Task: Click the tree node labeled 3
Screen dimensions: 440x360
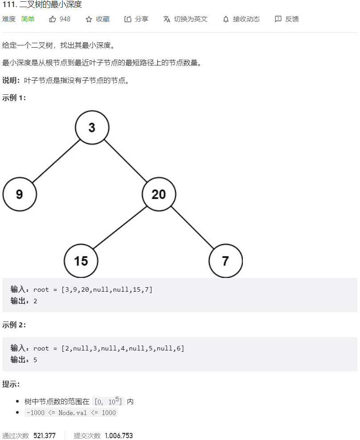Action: pyautogui.click(x=92, y=127)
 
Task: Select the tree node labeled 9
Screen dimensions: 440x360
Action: pyautogui.click(x=20, y=194)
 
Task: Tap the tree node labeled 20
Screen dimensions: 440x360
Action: pyautogui.click(x=159, y=194)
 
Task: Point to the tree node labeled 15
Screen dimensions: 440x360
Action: pyautogui.click(x=81, y=261)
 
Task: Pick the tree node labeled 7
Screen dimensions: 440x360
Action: pyautogui.click(x=225, y=261)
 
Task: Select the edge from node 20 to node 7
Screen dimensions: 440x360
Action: pyautogui.click(x=192, y=228)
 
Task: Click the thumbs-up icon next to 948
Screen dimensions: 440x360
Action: pyautogui.click(x=53, y=19)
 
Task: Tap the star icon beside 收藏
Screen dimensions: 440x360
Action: pyautogui.click(x=89, y=19)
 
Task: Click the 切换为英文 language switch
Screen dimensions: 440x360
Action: pyautogui.click(x=185, y=19)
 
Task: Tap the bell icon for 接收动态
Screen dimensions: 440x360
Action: pyautogui.click(x=226, y=19)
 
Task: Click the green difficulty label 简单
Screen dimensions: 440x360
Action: pyautogui.click(x=28, y=19)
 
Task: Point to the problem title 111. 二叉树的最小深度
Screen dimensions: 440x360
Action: pyautogui.click(x=42, y=5)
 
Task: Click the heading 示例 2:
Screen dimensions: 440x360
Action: pyautogui.click(x=14, y=325)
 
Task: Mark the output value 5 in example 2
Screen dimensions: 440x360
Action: pyautogui.click(x=35, y=359)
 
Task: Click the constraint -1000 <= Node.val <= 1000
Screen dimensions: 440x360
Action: pyautogui.click(x=71, y=412)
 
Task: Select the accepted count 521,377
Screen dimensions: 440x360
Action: pyautogui.click(x=45, y=436)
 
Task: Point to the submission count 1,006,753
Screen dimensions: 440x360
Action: pyautogui.click(x=119, y=436)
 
